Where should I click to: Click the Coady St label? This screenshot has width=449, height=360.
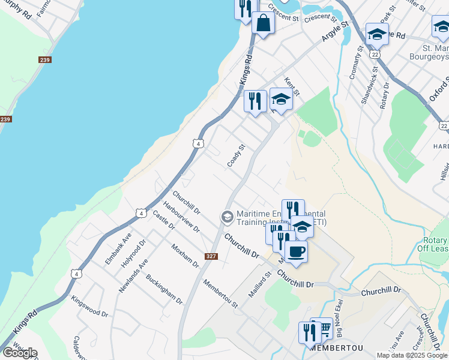237,155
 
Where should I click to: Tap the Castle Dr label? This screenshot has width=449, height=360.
163,220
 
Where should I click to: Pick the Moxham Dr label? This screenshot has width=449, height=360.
184,256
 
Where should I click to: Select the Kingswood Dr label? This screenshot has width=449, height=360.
89,305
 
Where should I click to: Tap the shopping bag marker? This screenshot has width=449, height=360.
264,24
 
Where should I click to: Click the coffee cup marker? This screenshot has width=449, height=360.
297,251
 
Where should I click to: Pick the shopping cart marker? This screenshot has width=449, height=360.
322,328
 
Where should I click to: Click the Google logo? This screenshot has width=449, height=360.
20,353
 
